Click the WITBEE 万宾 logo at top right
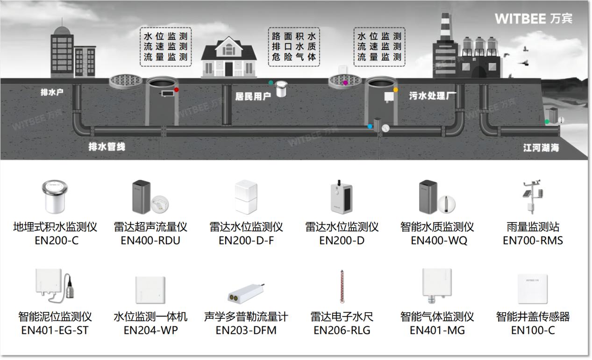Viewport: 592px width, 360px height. pyautogui.click(x=533, y=18)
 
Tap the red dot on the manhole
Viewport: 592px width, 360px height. pyautogui.click(x=177, y=89)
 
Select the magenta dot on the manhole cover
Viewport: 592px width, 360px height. pyautogui.click(x=345, y=83)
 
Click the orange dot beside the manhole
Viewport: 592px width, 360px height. pyautogui.click(x=395, y=90)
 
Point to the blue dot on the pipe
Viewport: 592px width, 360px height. pyautogui.click(x=370, y=126)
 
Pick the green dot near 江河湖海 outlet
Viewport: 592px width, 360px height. pyautogui.click(x=547, y=122)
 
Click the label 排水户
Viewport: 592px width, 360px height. pyautogui.click(x=52, y=92)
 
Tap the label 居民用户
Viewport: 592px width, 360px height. pyautogui.click(x=253, y=96)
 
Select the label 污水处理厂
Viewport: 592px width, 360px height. pyautogui.click(x=433, y=96)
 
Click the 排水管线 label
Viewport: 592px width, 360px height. pyautogui.click(x=107, y=147)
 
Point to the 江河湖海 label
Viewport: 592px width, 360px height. pyautogui.click(x=541, y=148)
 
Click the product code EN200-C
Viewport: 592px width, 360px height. pyautogui.click(x=55, y=241)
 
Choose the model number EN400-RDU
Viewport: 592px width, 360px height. pyautogui.click(x=150, y=241)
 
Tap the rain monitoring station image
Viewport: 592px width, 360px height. pyautogui.click(x=532, y=196)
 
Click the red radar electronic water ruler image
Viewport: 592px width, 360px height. pyautogui.click(x=342, y=287)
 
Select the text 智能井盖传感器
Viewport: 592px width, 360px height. pyautogui.click(x=533, y=317)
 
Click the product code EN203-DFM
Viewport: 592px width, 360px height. pyautogui.click(x=246, y=331)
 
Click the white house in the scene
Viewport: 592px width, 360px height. pyautogui.click(x=228, y=58)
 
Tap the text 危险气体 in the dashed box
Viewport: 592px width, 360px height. pyautogui.click(x=294, y=57)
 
